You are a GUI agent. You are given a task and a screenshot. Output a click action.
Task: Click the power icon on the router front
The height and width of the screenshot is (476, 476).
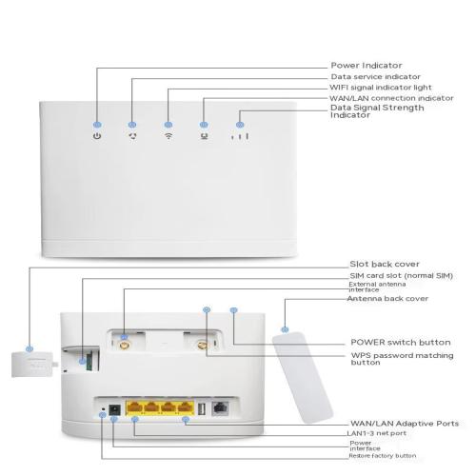97,136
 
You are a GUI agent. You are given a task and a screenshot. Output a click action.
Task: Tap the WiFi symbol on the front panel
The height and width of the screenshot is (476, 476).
169,136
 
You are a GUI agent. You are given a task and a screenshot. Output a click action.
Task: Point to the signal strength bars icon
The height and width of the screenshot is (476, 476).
240,136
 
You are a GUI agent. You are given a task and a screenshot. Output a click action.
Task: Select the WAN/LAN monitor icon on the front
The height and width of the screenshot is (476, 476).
204,136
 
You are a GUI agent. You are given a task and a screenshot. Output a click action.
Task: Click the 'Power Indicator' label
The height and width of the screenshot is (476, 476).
367,66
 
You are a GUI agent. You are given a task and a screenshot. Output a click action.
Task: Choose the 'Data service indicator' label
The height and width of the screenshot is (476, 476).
375,77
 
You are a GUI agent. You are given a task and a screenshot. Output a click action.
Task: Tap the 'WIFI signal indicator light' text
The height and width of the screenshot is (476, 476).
381,88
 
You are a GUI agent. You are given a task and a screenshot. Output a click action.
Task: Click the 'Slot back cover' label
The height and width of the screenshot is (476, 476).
385,264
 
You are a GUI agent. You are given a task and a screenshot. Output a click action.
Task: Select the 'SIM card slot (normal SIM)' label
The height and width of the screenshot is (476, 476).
401,275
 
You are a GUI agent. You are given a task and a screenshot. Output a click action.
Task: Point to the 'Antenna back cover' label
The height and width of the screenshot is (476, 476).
387,299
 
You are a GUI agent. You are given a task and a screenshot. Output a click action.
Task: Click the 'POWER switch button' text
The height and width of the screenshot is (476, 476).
401,343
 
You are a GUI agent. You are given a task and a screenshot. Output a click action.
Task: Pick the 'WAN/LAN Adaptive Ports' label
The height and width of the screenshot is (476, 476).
405,424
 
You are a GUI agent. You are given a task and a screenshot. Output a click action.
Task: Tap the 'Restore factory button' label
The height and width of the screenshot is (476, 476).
383,456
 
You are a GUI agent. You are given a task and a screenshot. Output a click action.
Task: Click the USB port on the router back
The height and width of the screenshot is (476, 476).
202,408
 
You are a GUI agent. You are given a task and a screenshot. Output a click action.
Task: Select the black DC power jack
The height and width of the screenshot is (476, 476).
114,409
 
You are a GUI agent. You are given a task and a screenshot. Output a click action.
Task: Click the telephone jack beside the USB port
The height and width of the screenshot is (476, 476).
220,408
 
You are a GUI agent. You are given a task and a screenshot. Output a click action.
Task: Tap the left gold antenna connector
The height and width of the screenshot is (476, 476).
125,345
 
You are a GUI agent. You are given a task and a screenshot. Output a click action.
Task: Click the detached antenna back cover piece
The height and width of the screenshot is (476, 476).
302,377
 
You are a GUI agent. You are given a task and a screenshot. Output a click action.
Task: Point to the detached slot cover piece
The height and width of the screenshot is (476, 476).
34,365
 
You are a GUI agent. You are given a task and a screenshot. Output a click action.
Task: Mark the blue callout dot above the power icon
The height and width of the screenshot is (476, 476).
97,125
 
